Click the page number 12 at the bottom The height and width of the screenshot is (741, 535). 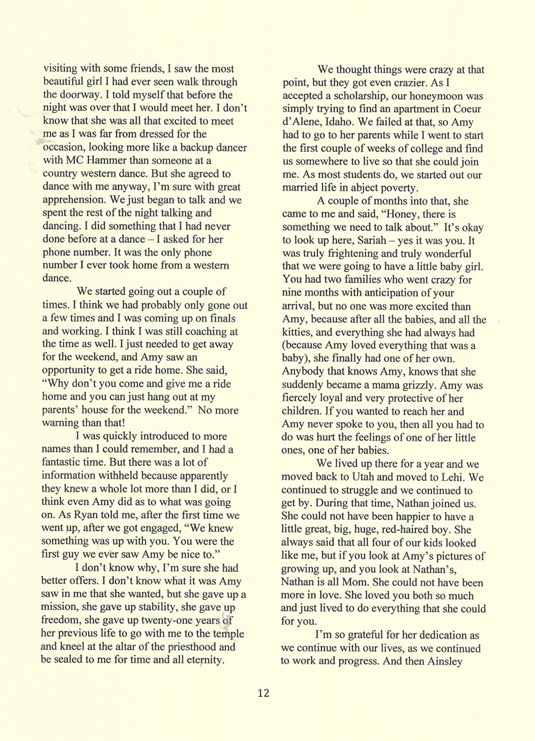click(x=263, y=693)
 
